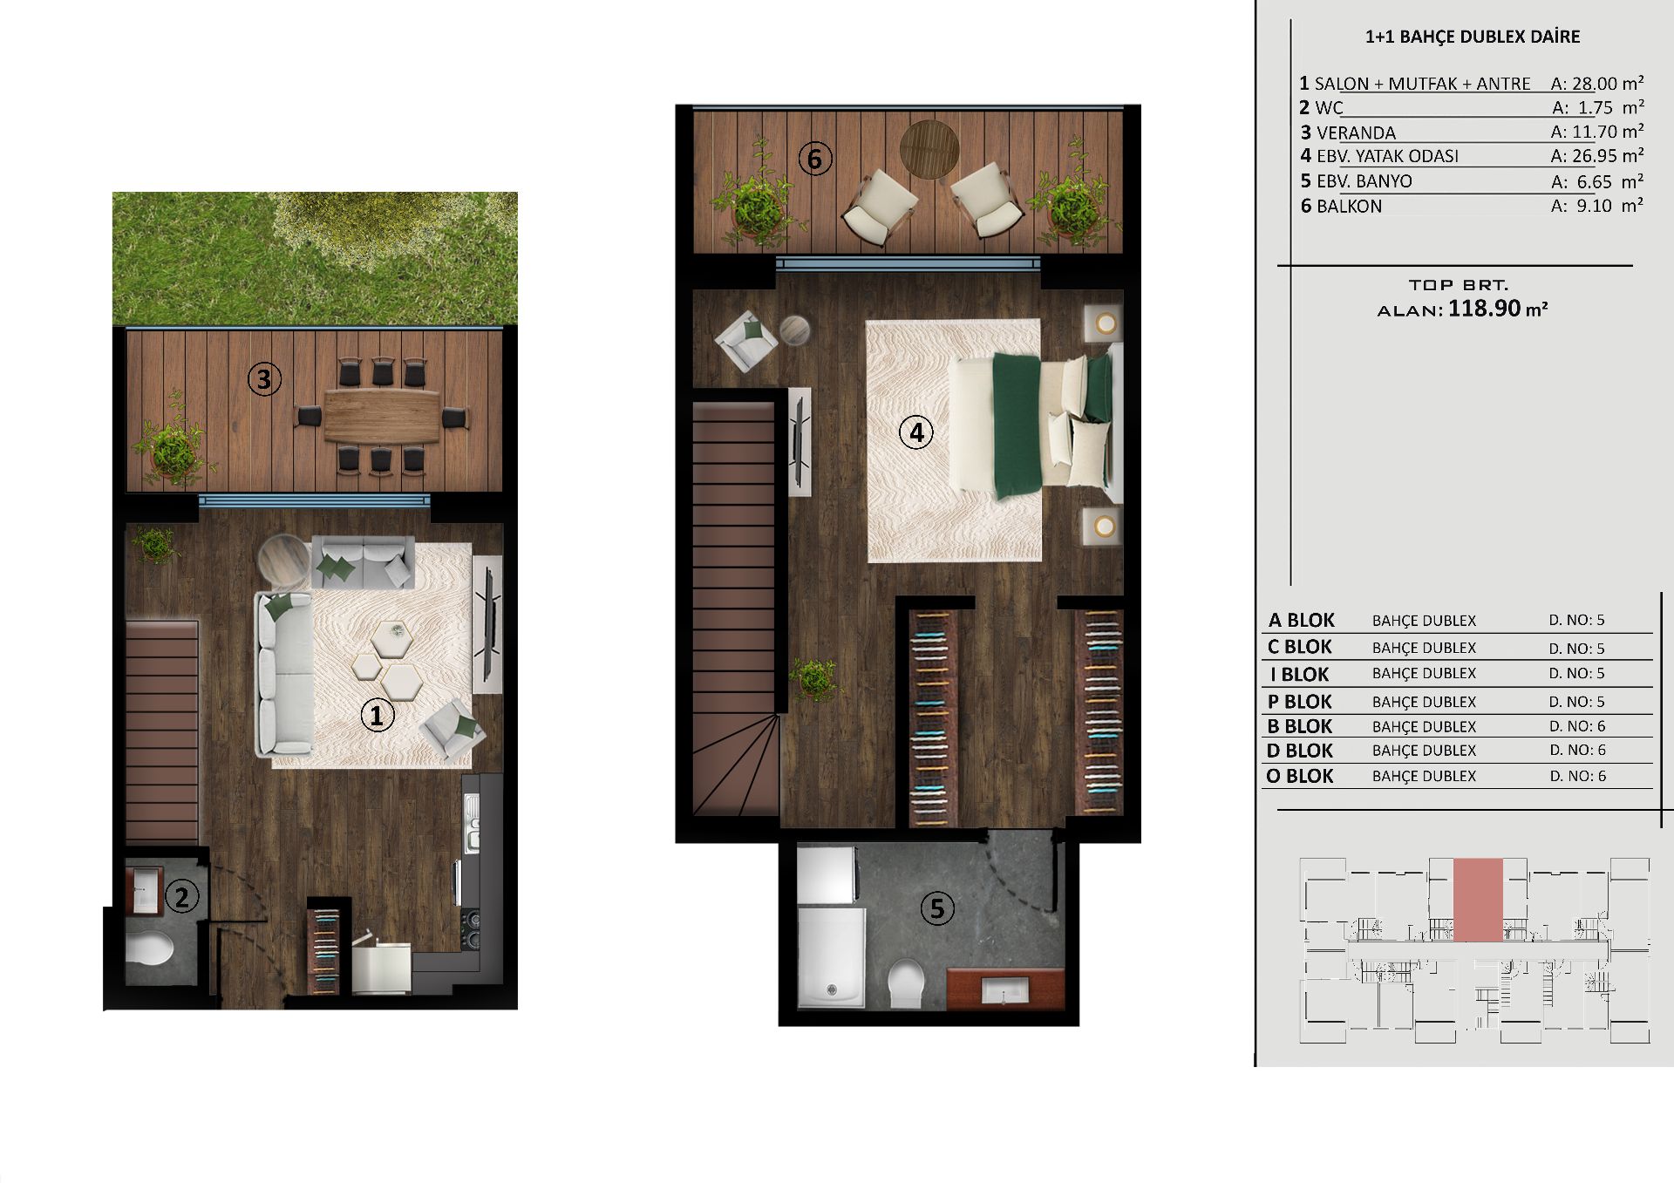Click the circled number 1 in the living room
click(377, 716)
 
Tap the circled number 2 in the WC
click(181, 896)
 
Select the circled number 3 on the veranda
click(264, 379)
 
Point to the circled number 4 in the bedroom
click(915, 432)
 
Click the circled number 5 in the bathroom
click(937, 908)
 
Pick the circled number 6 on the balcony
click(815, 159)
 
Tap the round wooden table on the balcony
click(929, 149)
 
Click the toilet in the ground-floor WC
click(149, 948)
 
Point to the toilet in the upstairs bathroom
click(907, 983)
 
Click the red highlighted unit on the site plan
click(1478, 900)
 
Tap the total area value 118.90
click(1484, 309)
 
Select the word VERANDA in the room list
click(1356, 133)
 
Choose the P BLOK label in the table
click(1299, 702)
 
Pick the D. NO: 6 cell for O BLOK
click(1577, 776)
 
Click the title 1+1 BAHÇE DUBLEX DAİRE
click(1473, 37)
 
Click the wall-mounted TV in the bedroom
click(798, 441)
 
